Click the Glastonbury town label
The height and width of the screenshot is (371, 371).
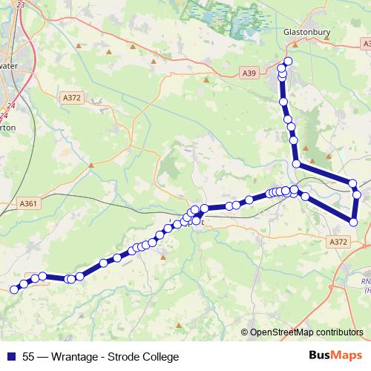[306, 33]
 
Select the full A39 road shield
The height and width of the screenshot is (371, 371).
[249, 73]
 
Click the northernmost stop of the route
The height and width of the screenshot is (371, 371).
[288, 61]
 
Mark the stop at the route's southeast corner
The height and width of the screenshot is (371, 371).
[354, 221]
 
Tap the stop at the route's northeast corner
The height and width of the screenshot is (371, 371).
[353, 183]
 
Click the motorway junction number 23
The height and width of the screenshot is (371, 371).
[20, 4]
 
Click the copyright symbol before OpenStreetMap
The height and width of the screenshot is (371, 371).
[244, 333]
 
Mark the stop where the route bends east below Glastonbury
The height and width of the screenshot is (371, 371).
[296, 164]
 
